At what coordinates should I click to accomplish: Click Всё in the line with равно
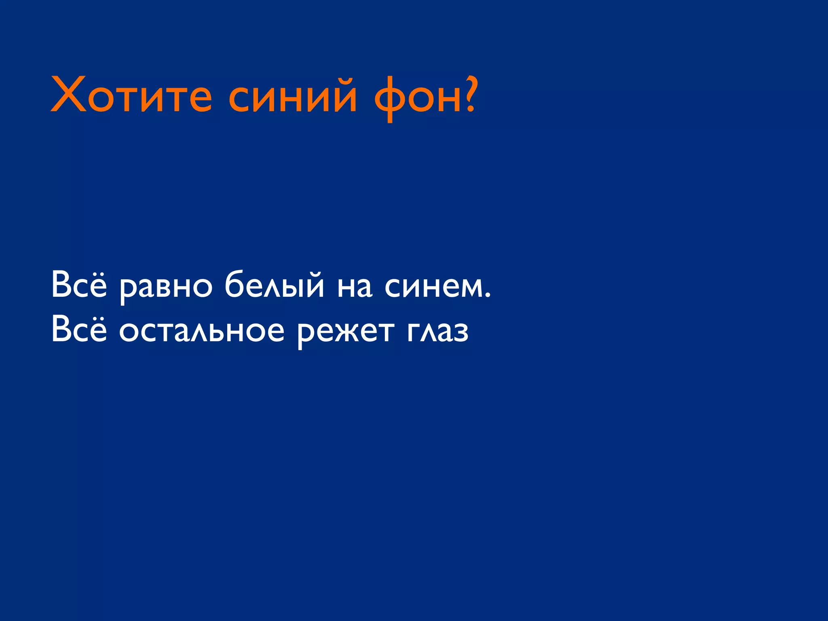79,285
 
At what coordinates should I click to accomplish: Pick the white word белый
274,285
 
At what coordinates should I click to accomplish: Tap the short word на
355,287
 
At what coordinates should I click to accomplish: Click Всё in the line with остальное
79,329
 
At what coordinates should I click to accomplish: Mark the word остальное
202,332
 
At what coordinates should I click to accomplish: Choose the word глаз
438,332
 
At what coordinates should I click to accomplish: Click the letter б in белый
236,285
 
